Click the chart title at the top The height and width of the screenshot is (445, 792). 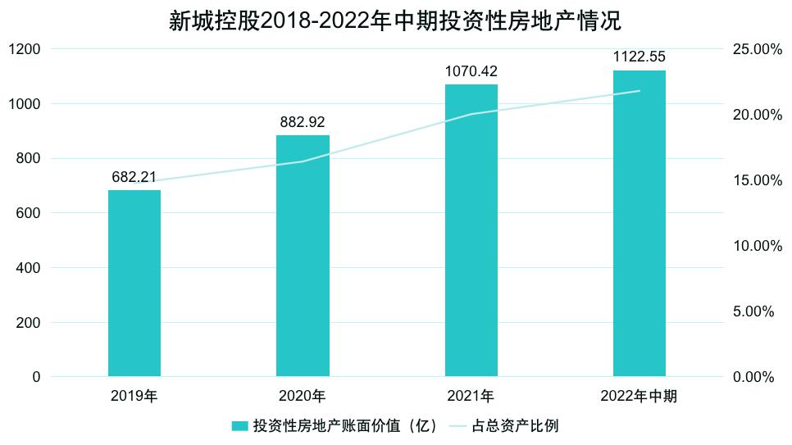(395, 20)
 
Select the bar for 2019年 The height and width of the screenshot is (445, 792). (134, 284)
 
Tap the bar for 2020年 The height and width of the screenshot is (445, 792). (303, 256)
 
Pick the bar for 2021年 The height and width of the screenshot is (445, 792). (471, 230)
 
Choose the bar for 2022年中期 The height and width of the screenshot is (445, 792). (640, 224)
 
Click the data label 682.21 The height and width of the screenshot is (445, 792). (134, 177)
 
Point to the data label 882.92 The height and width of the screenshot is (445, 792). (303, 122)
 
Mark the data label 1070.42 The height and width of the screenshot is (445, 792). (471, 71)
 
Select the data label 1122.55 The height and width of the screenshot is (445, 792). (640, 57)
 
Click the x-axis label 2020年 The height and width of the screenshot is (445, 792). (303, 397)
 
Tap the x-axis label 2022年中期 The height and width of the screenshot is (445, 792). (640, 397)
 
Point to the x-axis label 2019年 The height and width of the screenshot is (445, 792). (134, 397)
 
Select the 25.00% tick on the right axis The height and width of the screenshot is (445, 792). (757, 49)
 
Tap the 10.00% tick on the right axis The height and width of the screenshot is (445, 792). (757, 246)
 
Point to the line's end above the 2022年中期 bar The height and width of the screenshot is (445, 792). (640, 91)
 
